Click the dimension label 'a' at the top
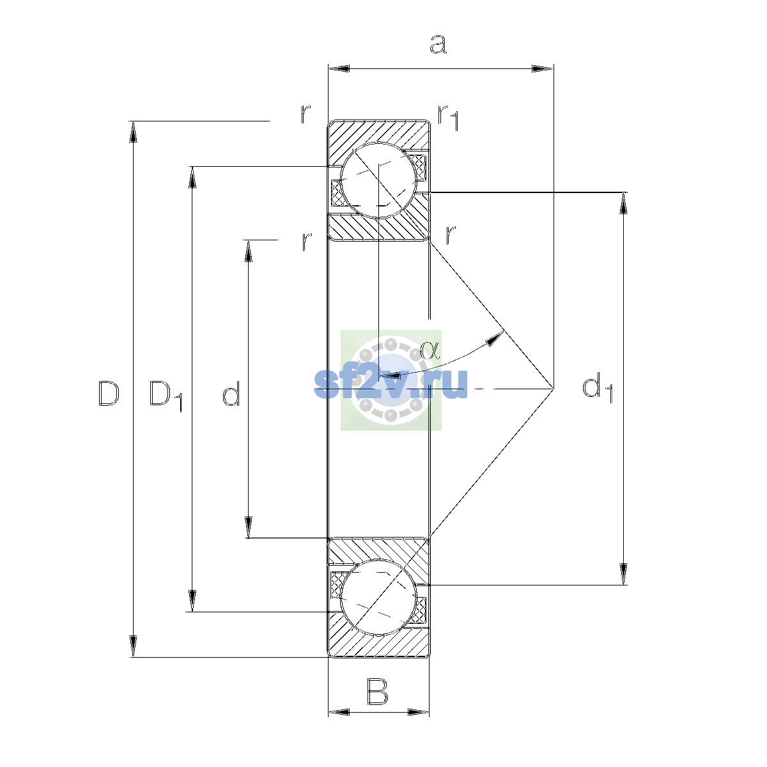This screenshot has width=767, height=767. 438,44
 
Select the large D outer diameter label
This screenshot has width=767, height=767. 109,393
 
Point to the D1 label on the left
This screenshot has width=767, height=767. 166,396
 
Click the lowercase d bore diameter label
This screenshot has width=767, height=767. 231,393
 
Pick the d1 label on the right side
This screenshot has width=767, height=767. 597,388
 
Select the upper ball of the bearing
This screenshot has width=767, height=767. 378,180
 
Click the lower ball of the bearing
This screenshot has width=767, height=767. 378,597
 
